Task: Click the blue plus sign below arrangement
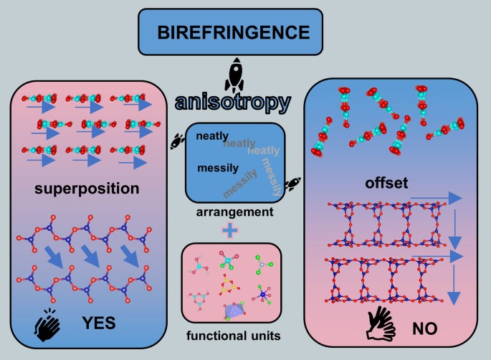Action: (230, 231)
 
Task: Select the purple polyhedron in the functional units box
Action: (233, 311)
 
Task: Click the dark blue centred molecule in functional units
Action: (261, 295)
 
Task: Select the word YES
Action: (97, 323)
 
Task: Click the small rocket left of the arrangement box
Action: (175, 141)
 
